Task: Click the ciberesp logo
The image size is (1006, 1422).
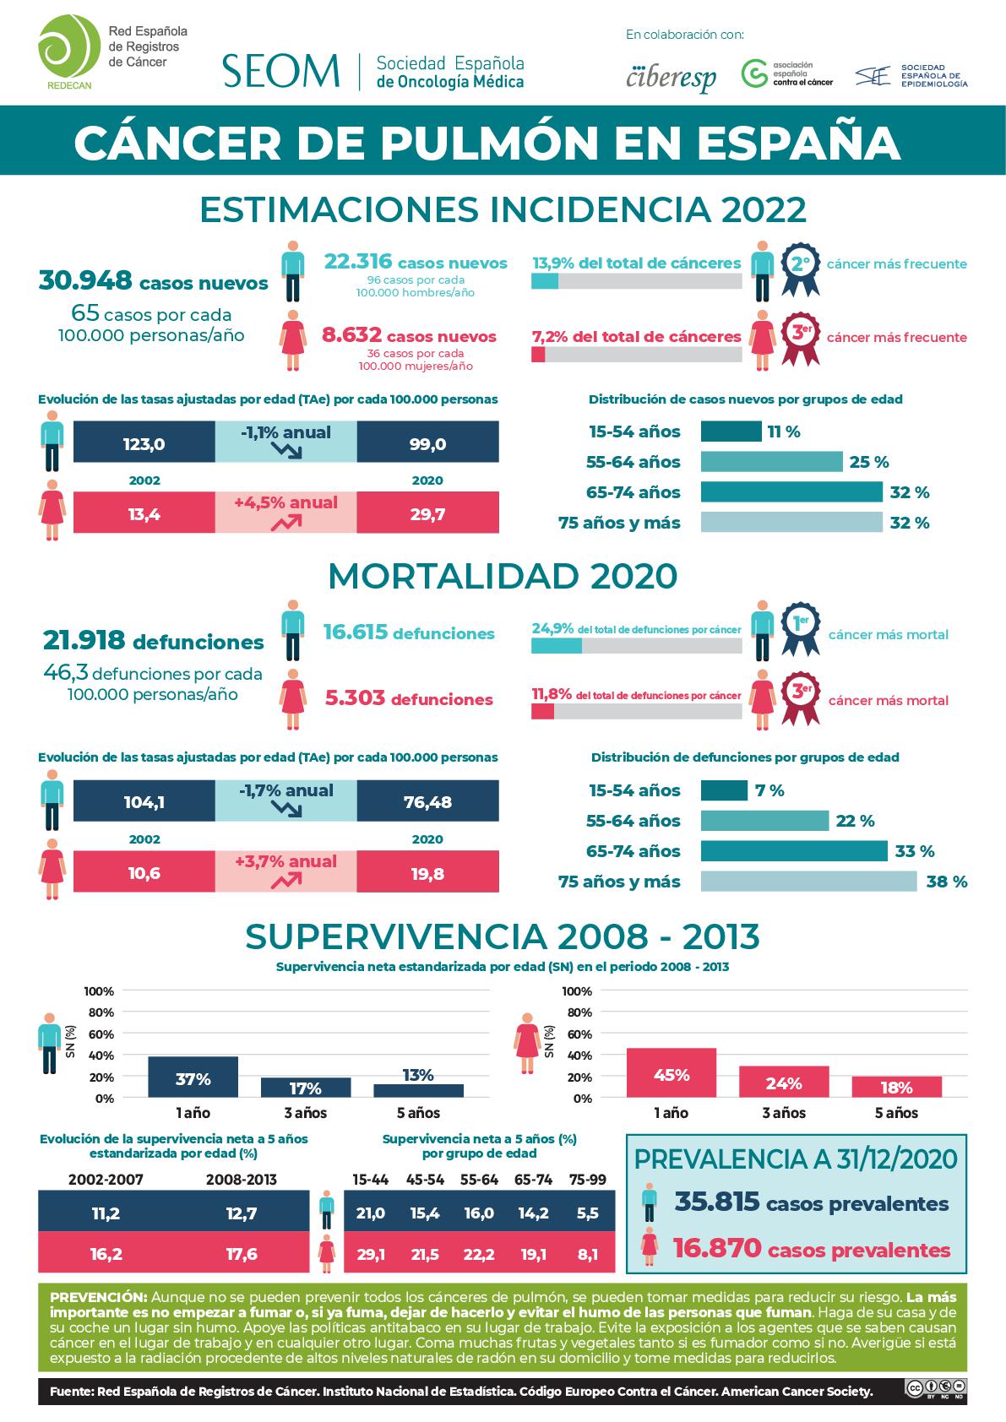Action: [672, 77]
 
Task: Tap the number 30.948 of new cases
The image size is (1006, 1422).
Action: [85, 281]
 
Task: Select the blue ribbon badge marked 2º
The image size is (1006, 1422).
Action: [799, 268]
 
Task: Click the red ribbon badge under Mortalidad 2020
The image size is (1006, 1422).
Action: [799, 697]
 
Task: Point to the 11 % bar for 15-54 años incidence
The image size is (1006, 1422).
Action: [731, 431]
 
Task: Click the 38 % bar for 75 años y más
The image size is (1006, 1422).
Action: [808, 882]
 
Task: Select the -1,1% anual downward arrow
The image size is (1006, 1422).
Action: [286, 450]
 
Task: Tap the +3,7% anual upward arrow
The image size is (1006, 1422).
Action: [286, 881]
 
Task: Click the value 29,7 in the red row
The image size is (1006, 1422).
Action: [427, 515]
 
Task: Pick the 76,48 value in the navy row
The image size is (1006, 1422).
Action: [427, 802]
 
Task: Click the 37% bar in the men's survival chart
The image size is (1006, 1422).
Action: [193, 1077]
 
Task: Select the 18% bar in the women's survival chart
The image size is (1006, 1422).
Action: [896, 1087]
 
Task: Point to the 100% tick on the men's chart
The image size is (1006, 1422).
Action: [99, 991]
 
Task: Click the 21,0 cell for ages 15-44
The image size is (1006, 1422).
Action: [371, 1213]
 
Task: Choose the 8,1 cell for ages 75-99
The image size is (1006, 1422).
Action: [586, 1255]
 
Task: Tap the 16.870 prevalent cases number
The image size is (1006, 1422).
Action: [716, 1247]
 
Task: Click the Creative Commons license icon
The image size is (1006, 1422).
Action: [935, 1388]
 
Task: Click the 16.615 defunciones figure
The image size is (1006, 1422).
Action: [355, 632]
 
